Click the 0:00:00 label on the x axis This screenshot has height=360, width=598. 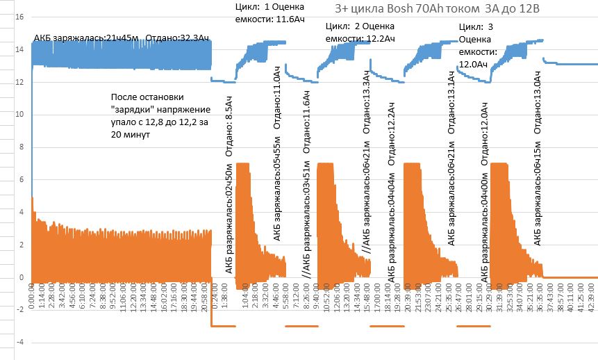33,292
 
